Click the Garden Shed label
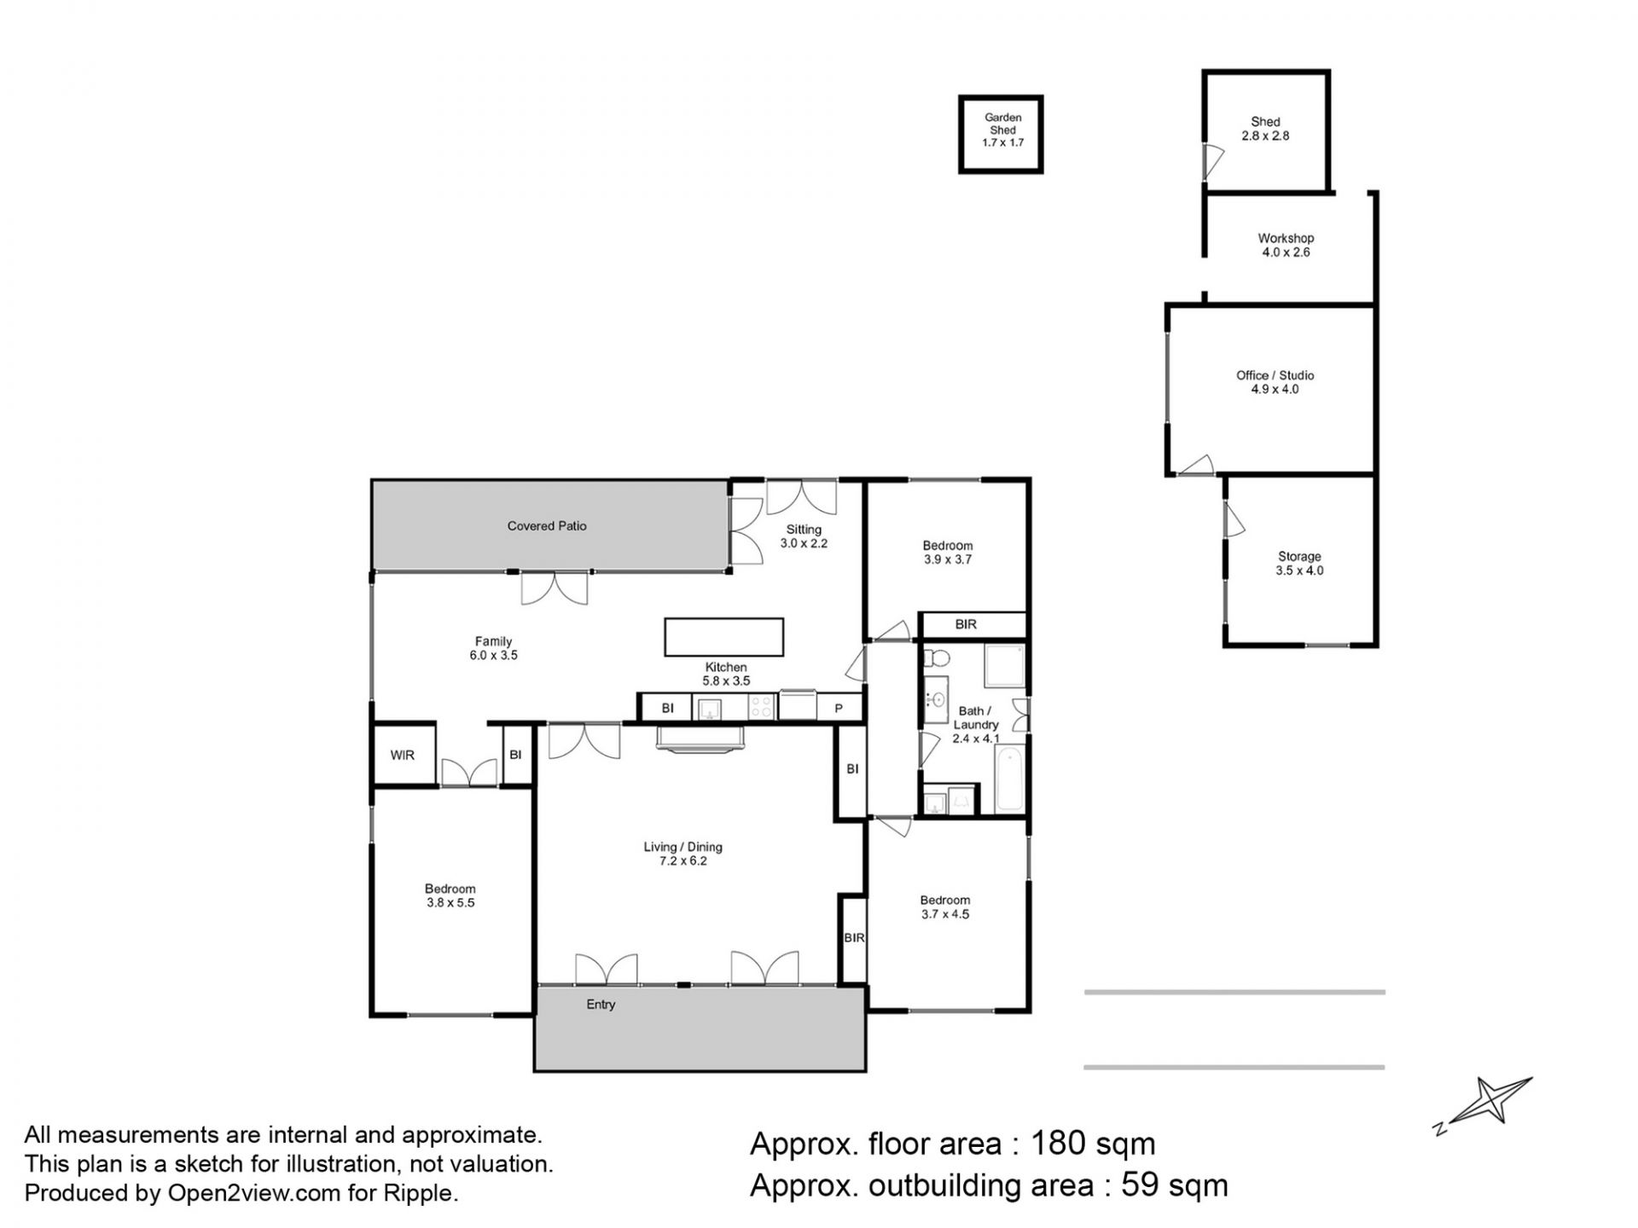coord(1002,130)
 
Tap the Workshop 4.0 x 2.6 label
coord(1286,245)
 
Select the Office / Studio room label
coord(1275,382)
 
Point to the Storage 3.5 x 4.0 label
coord(1299,564)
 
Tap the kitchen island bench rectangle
coord(723,637)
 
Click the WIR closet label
coord(403,755)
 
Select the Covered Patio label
coord(547,526)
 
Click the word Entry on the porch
coord(601,1005)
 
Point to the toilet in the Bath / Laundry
coord(937,658)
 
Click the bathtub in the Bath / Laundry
coord(1009,779)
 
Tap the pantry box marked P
coord(839,708)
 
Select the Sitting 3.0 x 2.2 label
coord(804,536)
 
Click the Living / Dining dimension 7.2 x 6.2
coord(682,861)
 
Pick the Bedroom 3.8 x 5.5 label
coord(450,895)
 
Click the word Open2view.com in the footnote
coord(253,1193)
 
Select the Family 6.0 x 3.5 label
coord(493,648)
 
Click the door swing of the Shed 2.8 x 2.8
coord(1213,161)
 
